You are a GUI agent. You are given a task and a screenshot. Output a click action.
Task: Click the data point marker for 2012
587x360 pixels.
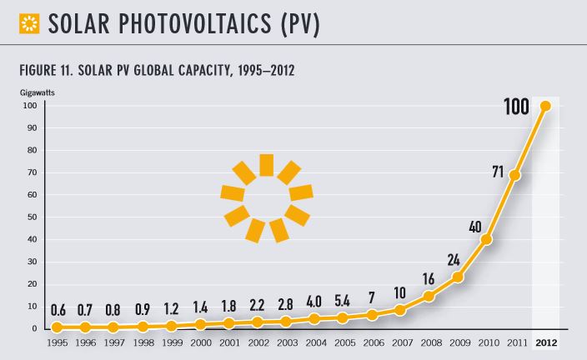point(545,106)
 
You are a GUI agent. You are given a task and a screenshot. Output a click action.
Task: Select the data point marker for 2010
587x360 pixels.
point(487,239)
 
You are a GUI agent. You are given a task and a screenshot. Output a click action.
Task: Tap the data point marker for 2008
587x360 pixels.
point(429,296)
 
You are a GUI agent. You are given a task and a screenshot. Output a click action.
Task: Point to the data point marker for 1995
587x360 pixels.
point(57,327)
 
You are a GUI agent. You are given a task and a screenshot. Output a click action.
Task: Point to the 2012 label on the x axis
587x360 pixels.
point(545,342)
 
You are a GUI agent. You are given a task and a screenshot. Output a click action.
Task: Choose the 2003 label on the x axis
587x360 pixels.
point(287,342)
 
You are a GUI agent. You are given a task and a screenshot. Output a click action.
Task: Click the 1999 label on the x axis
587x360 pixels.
point(172,342)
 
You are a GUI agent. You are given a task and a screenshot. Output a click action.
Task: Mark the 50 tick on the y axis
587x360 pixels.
point(32,217)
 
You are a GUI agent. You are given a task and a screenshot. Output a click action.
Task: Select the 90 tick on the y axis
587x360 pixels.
point(32,127)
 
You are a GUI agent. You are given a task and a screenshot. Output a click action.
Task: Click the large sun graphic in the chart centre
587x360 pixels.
point(266,197)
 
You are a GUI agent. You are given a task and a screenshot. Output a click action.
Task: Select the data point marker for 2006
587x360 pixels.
point(373,315)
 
